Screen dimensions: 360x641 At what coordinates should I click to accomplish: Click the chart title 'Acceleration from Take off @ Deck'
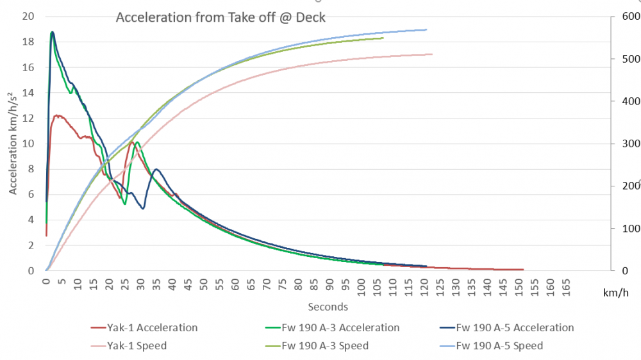point(221,17)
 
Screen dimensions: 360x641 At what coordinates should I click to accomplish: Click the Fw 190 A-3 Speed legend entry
point(325,346)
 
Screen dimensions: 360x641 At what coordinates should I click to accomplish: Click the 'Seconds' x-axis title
point(328,307)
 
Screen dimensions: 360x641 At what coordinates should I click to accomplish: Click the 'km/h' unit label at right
point(613,293)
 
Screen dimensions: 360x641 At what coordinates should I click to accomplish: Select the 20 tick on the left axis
point(28,17)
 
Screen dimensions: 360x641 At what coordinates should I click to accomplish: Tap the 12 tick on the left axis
point(28,118)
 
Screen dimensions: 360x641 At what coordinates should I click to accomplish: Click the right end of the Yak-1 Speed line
point(433,54)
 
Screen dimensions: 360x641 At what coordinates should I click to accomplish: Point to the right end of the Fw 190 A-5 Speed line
point(426,29)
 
